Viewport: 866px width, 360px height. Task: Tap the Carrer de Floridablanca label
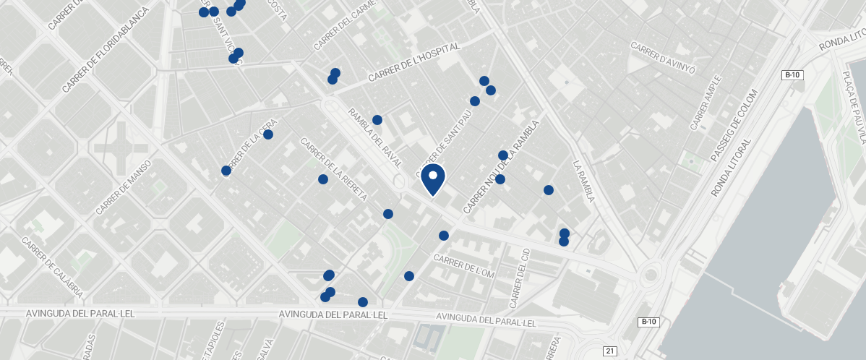tap(106, 50)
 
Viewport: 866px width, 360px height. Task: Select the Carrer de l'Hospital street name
tap(413, 62)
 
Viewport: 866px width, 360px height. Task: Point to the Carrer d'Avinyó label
tap(663, 58)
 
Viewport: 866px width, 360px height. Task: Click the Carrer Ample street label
tap(706, 103)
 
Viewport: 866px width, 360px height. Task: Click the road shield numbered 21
tap(610, 351)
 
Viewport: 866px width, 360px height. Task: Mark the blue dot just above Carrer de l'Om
tap(444, 236)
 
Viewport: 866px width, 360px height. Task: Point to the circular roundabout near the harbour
tap(651, 275)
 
